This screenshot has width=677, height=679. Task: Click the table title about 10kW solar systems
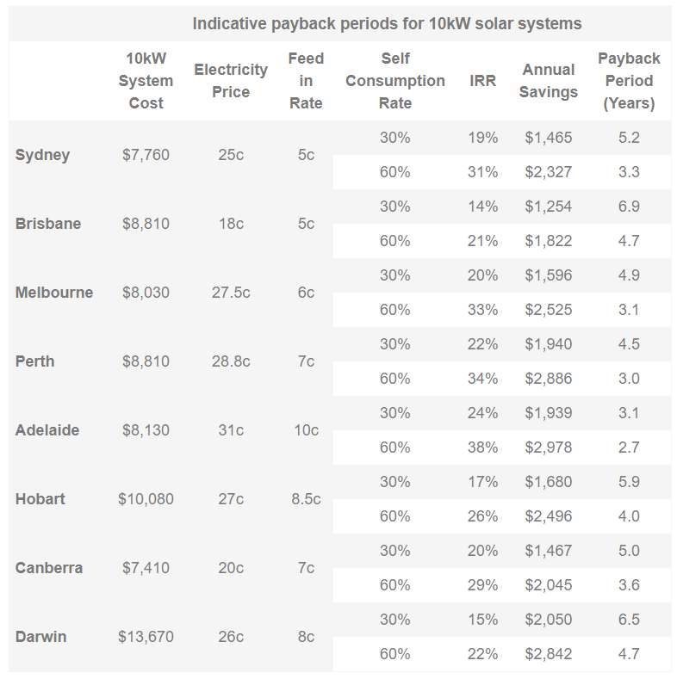pos(387,23)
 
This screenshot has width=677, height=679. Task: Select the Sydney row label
pos(42,155)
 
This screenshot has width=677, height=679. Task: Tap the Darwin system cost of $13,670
pos(146,637)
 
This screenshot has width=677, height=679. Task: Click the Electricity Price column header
pos(231,81)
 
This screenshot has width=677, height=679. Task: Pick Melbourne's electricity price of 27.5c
pos(231,293)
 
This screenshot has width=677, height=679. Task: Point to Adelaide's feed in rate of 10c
pos(306,430)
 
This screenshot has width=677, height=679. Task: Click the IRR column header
pos(483,81)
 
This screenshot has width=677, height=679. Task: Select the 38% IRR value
pos(483,448)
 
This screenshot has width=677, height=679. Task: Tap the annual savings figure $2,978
pos(548,448)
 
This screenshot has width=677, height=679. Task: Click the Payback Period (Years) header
pos(629,81)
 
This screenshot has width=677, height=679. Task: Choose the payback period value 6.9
pos(629,207)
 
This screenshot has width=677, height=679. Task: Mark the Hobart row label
pos(40,499)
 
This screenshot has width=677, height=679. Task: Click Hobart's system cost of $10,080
pos(146,499)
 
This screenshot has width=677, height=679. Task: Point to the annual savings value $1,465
pos(548,138)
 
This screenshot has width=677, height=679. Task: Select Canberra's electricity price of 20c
pos(231,568)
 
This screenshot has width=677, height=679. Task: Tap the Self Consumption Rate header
pos(395,81)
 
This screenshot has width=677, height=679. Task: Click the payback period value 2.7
pos(629,448)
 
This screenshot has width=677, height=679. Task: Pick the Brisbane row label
pos(48,224)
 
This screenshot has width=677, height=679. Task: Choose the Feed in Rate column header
pos(306,81)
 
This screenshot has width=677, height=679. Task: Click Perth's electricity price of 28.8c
pos(231,361)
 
